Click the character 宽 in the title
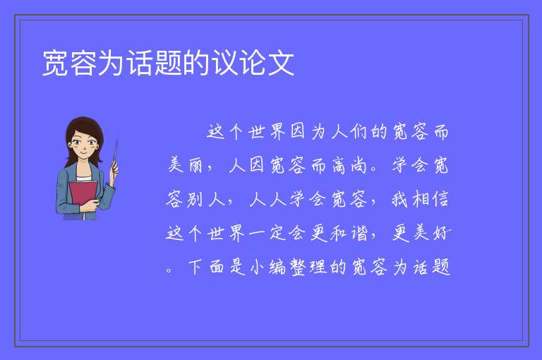(55, 63)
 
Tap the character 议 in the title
(224, 63)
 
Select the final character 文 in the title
(281, 63)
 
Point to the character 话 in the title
(140, 63)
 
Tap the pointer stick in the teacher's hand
(115, 155)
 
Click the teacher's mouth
(84, 152)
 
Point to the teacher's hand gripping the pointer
(114, 170)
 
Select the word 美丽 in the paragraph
(186, 164)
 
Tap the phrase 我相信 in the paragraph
(420, 199)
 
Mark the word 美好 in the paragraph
(422, 233)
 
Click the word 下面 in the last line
(206, 267)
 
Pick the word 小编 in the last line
(267, 267)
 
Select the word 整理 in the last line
(308, 267)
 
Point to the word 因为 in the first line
(308, 131)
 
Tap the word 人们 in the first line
(349, 131)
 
